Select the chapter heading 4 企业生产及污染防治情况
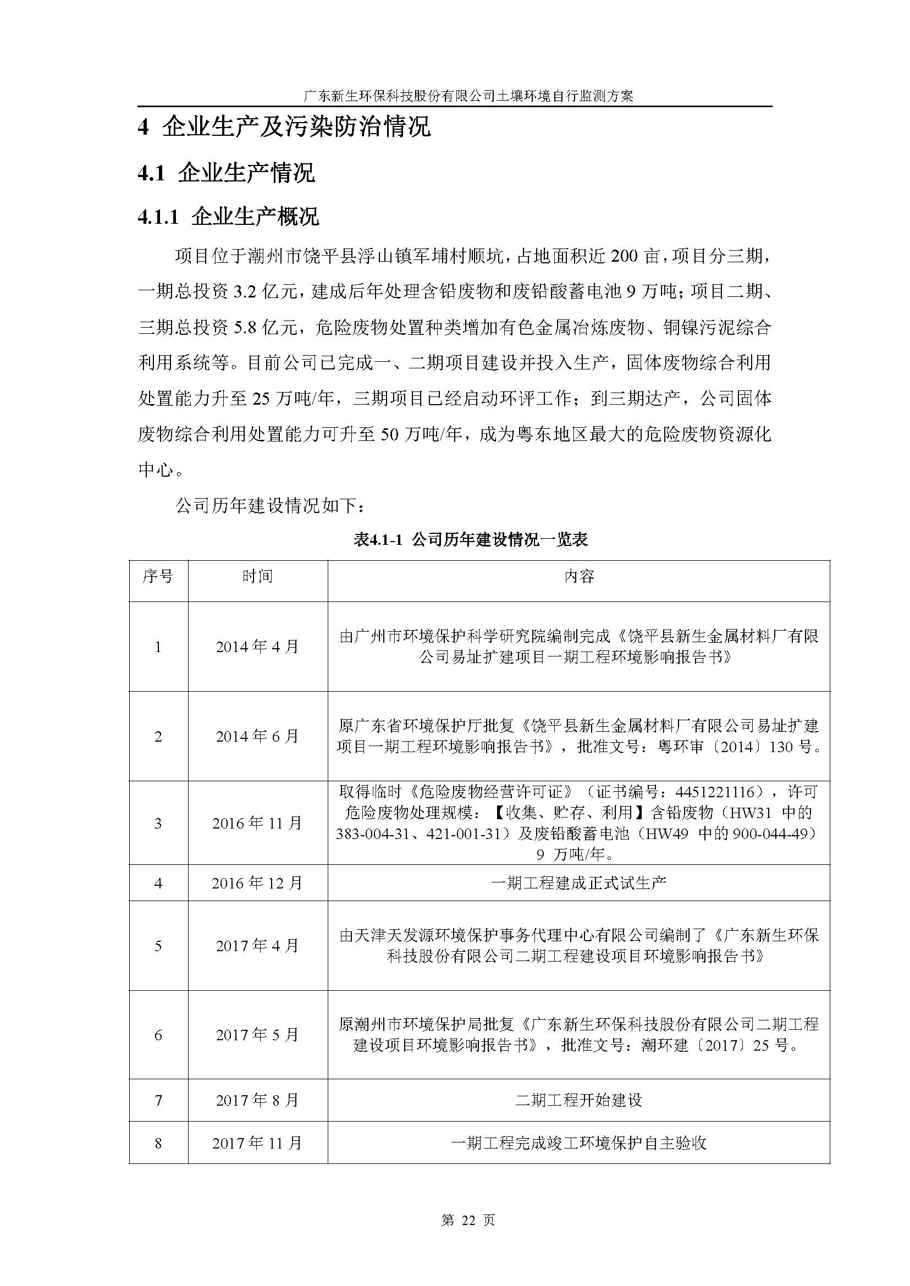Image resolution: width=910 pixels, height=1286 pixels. [x=284, y=127]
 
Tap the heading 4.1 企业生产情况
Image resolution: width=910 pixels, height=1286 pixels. [x=226, y=173]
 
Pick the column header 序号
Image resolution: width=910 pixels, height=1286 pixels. [x=158, y=576]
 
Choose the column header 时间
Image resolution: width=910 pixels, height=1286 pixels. [x=257, y=576]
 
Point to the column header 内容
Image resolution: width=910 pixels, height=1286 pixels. [x=578, y=576]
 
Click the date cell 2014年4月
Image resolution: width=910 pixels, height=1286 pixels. [x=257, y=647]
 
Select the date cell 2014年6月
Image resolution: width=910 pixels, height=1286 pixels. [x=257, y=736]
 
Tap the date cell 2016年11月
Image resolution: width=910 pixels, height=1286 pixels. [x=257, y=823]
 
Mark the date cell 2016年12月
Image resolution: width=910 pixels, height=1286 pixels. [x=257, y=883]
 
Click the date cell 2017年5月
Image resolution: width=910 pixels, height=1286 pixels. [x=257, y=1035]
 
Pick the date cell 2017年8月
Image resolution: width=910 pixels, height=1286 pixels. [x=257, y=1100]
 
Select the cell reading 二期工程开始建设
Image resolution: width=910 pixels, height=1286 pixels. [x=578, y=1100]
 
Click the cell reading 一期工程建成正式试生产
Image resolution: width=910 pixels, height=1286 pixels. [x=578, y=883]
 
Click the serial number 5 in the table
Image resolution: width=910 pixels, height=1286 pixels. [x=158, y=946]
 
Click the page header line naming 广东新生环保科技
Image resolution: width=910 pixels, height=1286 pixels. [x=468, y=96]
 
